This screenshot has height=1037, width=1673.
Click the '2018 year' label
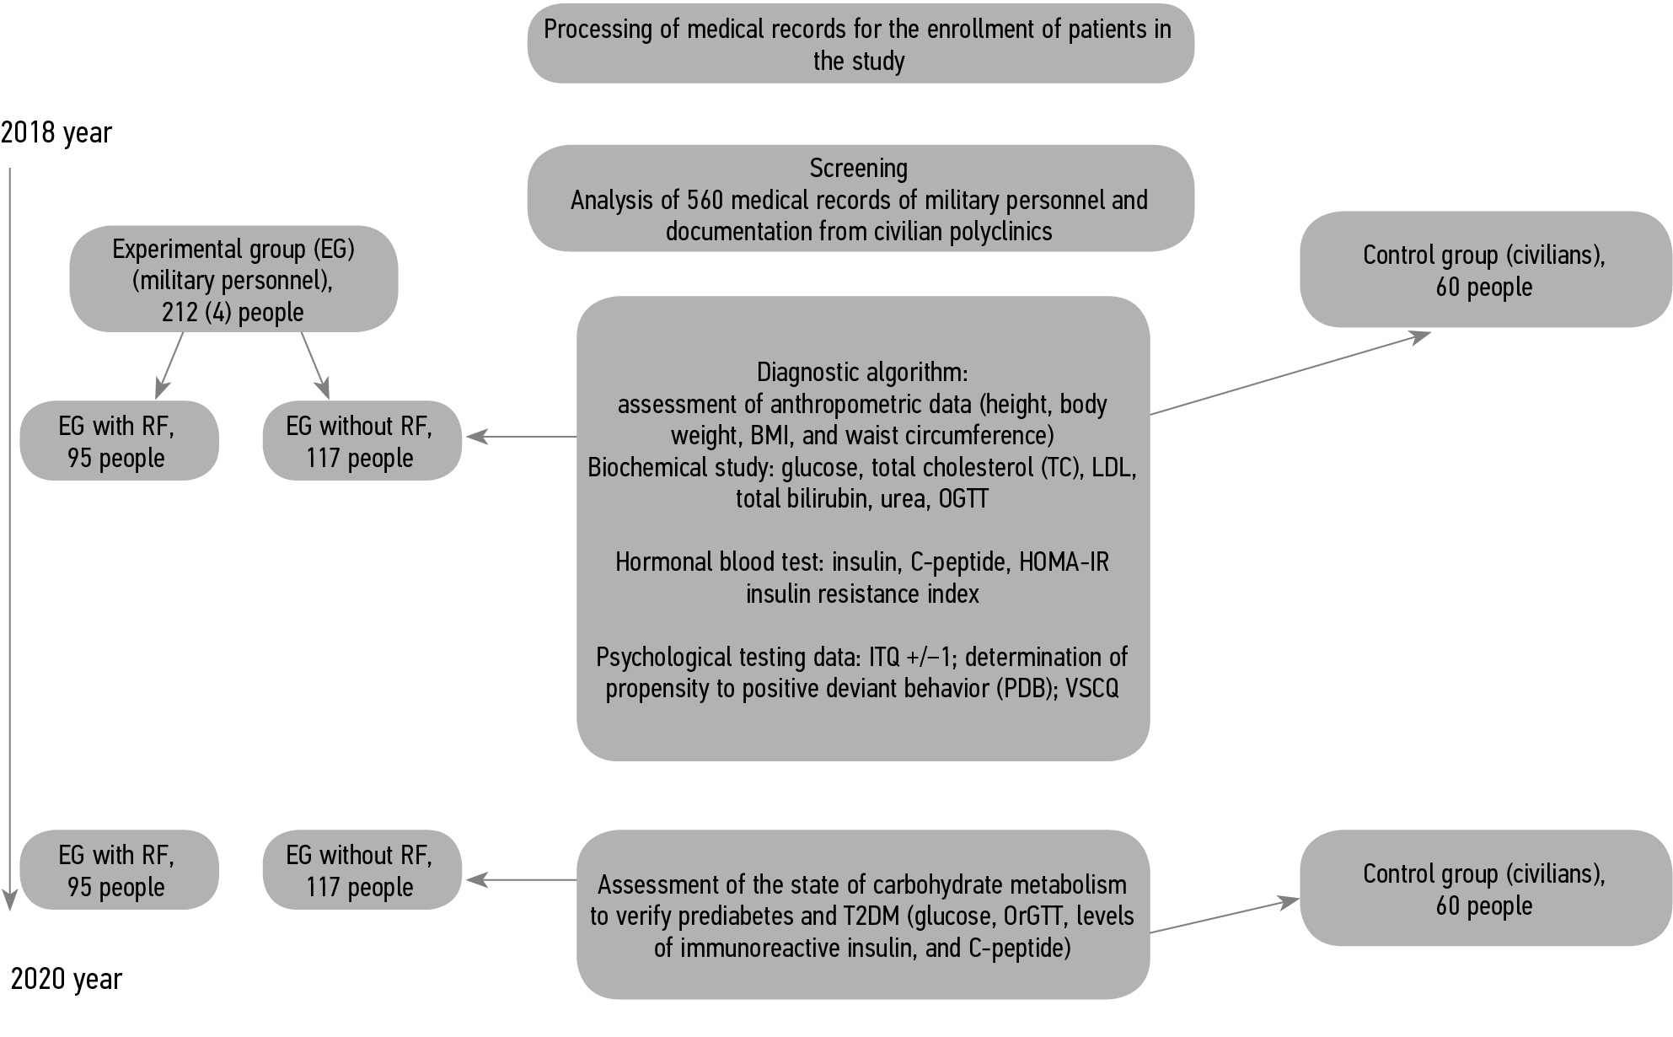pyautogui.click(x=56, y=133)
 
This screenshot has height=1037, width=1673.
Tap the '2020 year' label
pyautogui.click(x=67, y=979)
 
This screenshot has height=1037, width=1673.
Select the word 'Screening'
pyautogui.click(x=859, y=169)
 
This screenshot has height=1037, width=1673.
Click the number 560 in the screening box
pyautogui.click(x=705, y=201)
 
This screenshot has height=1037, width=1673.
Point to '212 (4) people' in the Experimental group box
pyautogui.click(x=233, y=312)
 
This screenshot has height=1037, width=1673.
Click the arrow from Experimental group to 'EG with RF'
pyautogui.click(x=169, y=365)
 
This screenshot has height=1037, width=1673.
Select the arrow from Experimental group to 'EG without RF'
pyautogui.click(x=314, y=365)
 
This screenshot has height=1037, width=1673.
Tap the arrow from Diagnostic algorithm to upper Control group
pyautogui.click(x=1290, y=373)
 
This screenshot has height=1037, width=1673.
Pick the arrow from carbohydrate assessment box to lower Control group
pyautogui.click(x=1224, y=916)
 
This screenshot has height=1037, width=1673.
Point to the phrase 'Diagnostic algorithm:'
pyautogui.click(x=862, y=373)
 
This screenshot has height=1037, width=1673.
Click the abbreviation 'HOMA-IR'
pyautogui.click(x=1064, y=562)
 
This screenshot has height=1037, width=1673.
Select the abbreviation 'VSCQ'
pyautogui.click(x=1091, y=689)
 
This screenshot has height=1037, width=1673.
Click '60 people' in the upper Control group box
pyautogui.click(x=1483, y=287)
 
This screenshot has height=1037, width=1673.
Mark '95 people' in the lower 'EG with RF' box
pyautogui.click(x=116, y=888)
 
